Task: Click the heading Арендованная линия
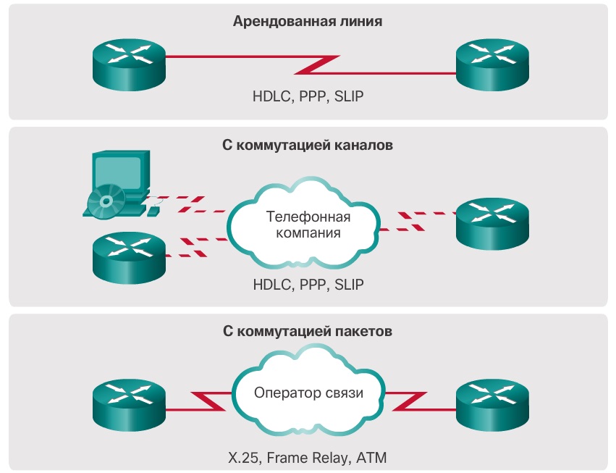coord(308,21)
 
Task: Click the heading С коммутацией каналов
coord(308,145)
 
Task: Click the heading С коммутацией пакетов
coord(308,332)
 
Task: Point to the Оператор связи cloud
coord(308,393)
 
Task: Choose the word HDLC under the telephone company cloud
coord(271,285)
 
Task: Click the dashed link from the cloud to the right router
coord(418,221)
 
